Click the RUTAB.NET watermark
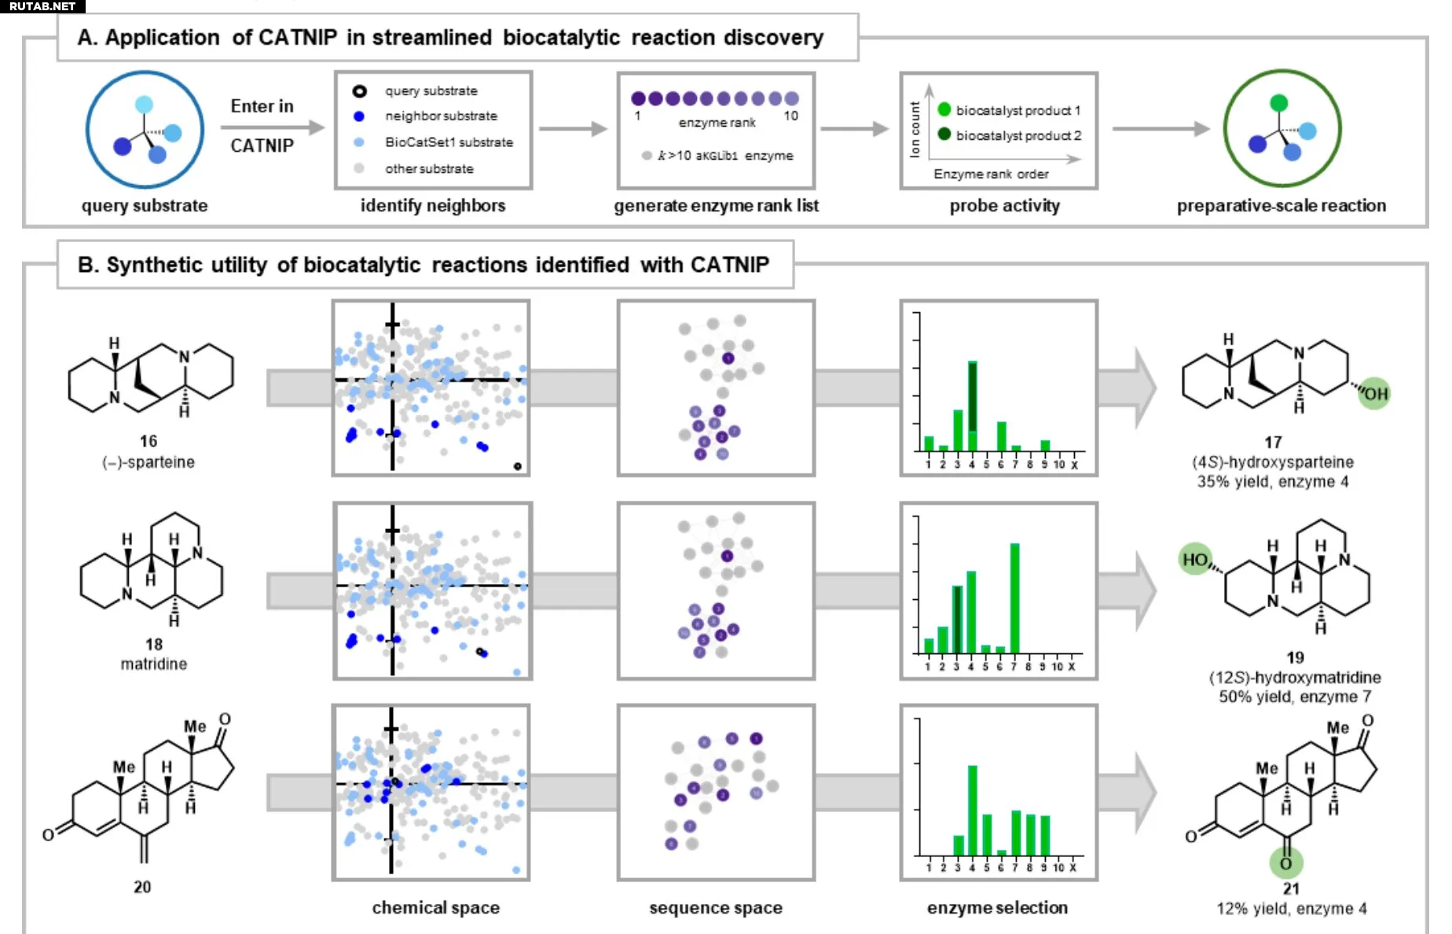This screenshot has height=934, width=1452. [42, 6]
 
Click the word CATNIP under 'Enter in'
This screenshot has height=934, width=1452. [262, 145]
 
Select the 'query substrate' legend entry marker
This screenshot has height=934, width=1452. [359, 91]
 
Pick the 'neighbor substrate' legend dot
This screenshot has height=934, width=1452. [359, 116]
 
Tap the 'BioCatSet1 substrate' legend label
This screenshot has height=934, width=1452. [449, 142]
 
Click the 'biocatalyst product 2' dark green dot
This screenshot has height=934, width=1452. [944, 134]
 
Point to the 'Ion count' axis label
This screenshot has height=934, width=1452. [915, 129]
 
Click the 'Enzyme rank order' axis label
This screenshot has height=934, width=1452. [991, 174]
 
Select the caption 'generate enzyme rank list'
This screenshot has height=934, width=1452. [716, 206]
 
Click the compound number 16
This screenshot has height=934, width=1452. [148, 441]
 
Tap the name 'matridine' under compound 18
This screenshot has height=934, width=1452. [154, 664]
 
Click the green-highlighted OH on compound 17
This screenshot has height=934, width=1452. [1374, 394]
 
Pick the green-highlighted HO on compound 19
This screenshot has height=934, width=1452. [1196, 560]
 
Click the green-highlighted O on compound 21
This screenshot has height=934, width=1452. [1286, 863]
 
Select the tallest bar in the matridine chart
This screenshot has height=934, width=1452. [1014, 598]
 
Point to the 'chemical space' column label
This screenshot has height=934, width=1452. [435, 908]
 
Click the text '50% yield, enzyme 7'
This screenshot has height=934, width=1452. [1295, 697]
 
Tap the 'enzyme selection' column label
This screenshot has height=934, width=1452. [997, 908]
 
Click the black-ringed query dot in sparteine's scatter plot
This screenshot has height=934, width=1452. [517, 466]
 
